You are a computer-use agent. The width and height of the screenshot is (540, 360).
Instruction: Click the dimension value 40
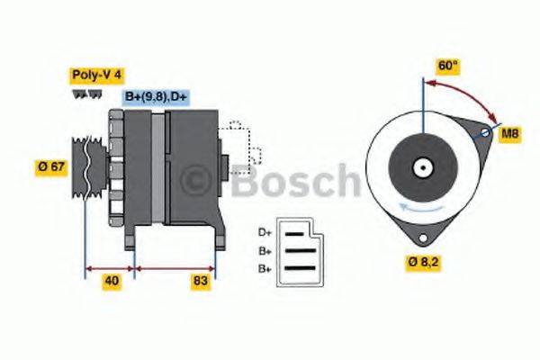click(111, 282)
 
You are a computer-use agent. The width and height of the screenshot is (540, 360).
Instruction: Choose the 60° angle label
click(447, 67)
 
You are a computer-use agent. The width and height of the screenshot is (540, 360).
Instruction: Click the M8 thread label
click(510, 133)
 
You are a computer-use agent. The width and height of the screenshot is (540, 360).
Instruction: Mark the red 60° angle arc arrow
click(468, 93)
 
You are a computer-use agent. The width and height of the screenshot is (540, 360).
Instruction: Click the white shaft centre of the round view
click(421, 167)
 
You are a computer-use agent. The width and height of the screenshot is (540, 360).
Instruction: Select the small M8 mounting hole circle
click(486, 133)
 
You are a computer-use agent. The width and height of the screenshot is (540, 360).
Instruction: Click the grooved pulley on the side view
click(86, 165)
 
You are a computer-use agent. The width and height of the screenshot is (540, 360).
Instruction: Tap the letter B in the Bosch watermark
click(247, 182)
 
